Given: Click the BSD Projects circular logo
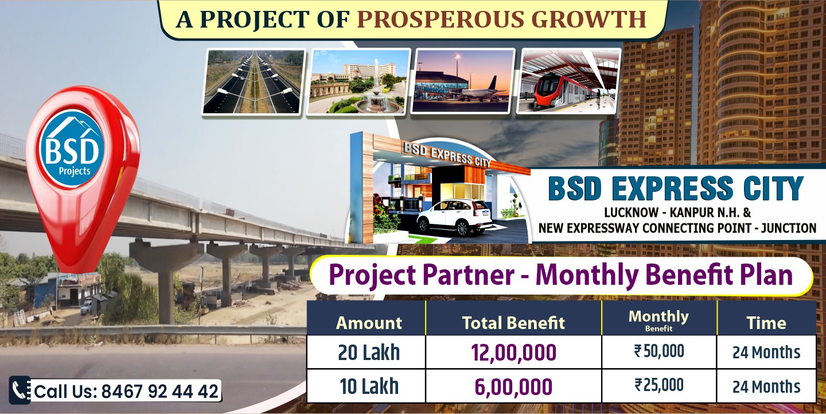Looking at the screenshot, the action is (x=72, y=148).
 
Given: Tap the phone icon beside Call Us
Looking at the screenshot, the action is (x=20, y=390).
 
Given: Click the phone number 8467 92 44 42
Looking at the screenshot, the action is (x=160, y=391).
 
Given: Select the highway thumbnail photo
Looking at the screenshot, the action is (x=254, y=82).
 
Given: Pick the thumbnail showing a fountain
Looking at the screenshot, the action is (x=359, y=82).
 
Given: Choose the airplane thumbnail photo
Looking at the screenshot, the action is (x=463, y=81).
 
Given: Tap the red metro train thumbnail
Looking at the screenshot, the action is (x=568, y=81).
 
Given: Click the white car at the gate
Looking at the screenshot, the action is (x=454, y=216).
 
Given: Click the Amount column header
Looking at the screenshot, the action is (x=369, y=323).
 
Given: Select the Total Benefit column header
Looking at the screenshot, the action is (x=513, y=323).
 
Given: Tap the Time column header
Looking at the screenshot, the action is (x=766, y=323).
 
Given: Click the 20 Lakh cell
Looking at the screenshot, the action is (x=369, y=353).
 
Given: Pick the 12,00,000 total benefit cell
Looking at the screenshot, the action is (x=513, y=353).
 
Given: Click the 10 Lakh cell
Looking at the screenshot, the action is (x=369, y=386).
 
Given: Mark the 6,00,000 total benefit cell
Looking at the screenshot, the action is (x=513, y=386).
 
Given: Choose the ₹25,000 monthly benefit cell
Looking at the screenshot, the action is (x=659, y=385).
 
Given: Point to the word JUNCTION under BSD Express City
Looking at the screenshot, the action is (x=789, y=228).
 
